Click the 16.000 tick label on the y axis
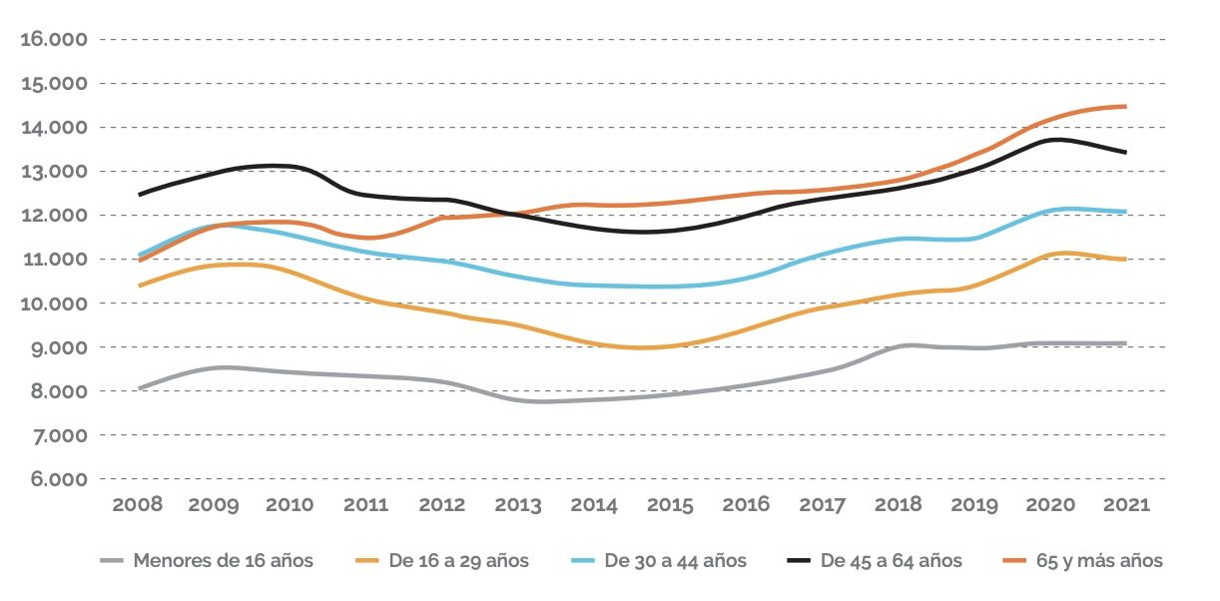point(54,40)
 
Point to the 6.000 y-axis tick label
point(54,479)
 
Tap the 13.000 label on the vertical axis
point(54,172)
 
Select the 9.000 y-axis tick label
point(54,347)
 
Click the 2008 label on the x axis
point(138,504)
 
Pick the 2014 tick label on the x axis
point(594,504)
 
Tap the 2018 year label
point(899,504)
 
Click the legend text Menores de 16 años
point(223,561)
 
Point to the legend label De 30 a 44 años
point(675,561)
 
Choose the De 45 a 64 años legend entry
point(891,561)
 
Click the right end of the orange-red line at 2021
point(1126,107)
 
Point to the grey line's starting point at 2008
point(139,388)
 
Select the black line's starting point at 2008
point(139,195)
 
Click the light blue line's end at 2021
point(1126,212)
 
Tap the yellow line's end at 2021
point(1126,260)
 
